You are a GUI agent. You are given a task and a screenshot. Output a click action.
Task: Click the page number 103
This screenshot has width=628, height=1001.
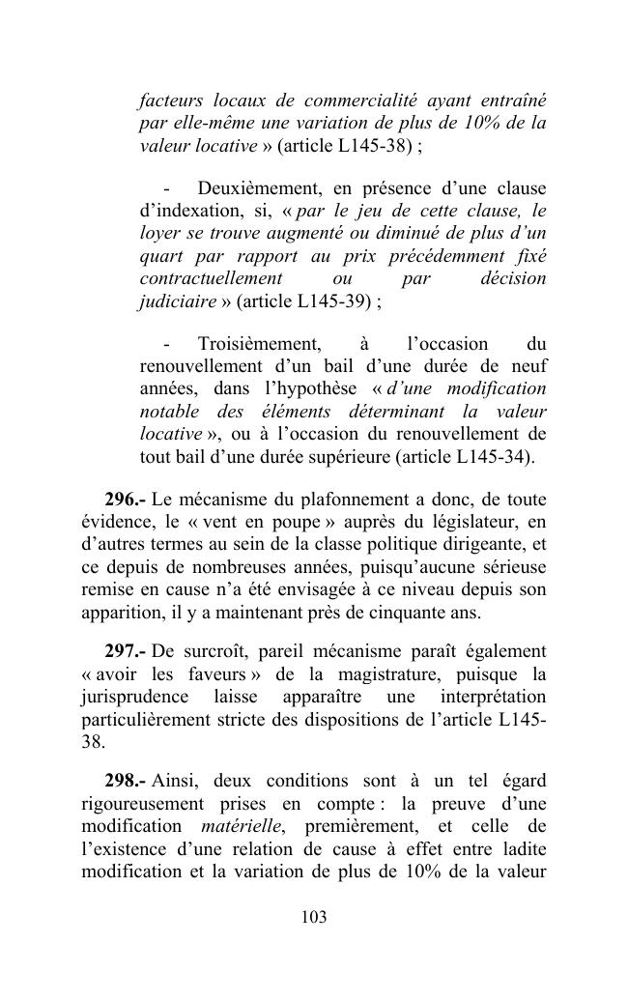pos(314,917)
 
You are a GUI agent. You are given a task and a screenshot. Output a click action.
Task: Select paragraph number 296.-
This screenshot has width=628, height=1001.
pos(126,500)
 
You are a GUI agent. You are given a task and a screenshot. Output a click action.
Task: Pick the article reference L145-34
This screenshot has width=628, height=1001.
pos(492,455)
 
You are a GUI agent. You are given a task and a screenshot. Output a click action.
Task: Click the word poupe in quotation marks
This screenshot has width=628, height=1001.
pos(295,522)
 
